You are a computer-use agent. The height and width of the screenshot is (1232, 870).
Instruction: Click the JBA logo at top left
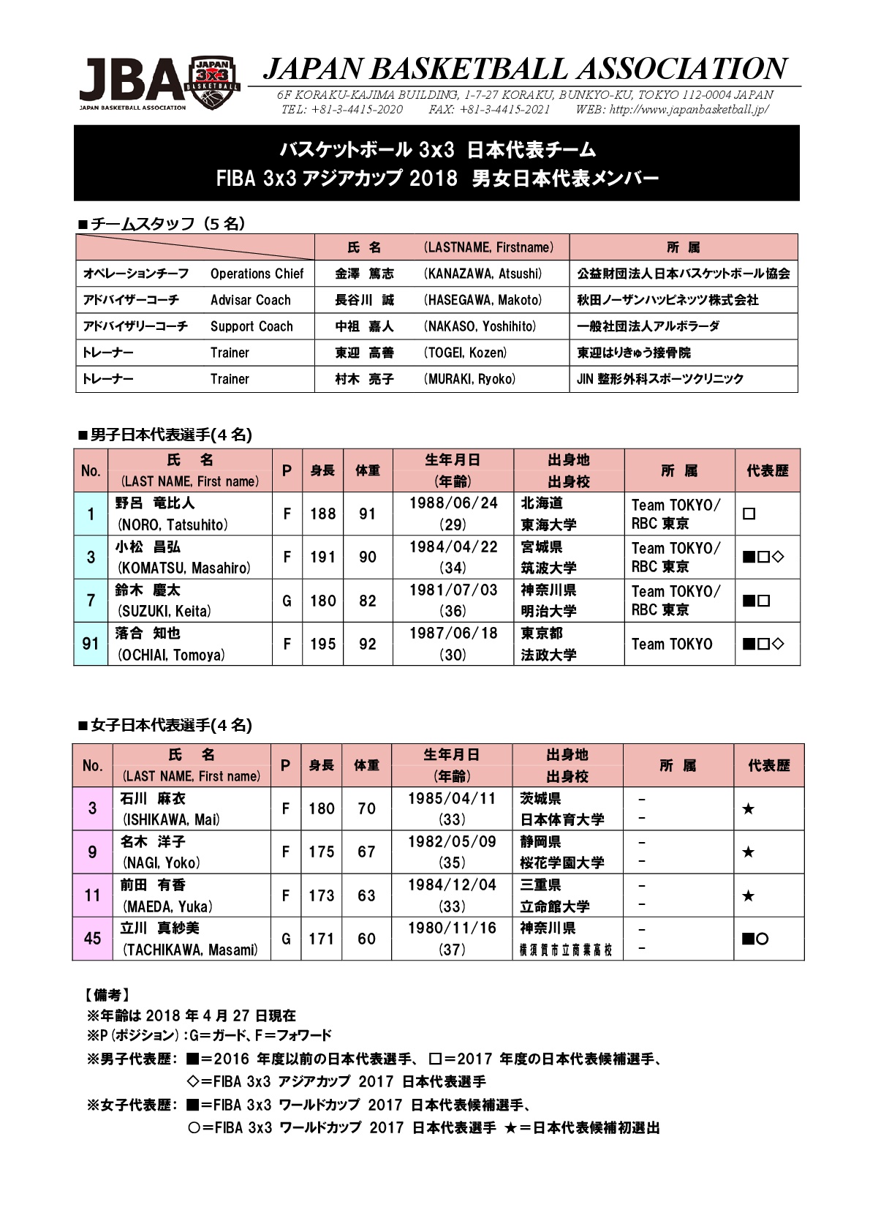[159, 83]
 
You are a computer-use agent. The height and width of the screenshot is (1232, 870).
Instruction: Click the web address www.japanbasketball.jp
[689, 110]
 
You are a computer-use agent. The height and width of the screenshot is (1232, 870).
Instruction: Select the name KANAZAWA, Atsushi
[483, 274]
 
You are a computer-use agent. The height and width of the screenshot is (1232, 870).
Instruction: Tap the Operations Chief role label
[257, 274]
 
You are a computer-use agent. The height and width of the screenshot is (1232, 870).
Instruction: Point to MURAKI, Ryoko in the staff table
[469, 379]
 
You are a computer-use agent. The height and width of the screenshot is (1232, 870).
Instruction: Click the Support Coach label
[251, 326]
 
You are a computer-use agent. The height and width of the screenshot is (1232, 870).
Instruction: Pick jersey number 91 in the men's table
[91, 644]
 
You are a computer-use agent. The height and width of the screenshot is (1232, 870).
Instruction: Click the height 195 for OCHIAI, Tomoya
[322, 644]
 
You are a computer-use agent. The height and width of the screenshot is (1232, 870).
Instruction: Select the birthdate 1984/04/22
[453, 546]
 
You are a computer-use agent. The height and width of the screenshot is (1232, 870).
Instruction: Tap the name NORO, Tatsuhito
[173, 525]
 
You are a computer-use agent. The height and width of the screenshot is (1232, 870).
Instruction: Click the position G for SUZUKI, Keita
[287, 601]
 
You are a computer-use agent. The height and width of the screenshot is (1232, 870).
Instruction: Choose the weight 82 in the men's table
[367, 601]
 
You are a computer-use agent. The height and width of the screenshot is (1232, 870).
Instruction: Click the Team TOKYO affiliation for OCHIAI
[671, 644]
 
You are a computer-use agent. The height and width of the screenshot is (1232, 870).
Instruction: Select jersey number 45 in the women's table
[92, 939]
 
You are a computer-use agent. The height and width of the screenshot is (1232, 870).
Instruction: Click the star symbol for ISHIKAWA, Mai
[748, 809]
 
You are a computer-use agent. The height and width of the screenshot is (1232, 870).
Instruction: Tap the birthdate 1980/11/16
[452, 928]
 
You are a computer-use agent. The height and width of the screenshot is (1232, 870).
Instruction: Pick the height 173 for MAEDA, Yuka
[321, 895]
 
